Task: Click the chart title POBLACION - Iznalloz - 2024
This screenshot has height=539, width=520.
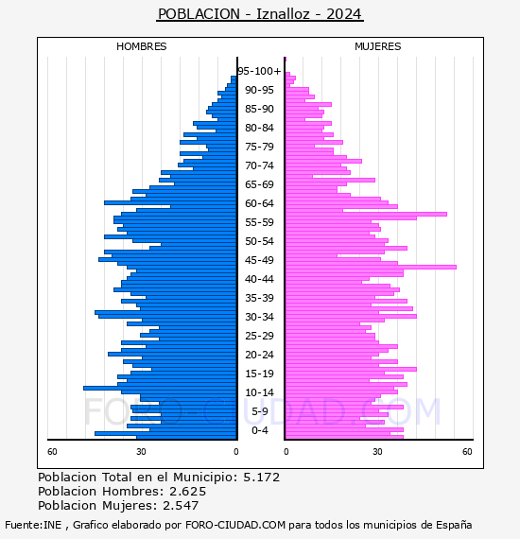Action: point(260,14)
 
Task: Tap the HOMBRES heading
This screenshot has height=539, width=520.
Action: point(141,46)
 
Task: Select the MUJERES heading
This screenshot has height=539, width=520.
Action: point(378,46)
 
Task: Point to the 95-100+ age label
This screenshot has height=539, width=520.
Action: point(259,71)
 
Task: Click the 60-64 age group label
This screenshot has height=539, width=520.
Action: point(259,203)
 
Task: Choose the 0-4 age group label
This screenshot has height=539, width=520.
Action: point(259,430)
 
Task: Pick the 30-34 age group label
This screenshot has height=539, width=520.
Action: point(259,317)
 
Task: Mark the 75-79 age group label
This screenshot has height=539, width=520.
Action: point(259,147)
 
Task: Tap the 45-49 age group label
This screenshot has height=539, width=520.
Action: point(259,260)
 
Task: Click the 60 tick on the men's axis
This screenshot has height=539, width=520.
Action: point(52,451)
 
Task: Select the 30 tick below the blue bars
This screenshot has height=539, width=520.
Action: point(141,451)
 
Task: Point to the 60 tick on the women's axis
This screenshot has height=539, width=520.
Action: point(467,451)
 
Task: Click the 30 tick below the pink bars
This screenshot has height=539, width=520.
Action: point(377,451)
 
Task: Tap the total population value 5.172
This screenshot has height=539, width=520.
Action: point(262,478)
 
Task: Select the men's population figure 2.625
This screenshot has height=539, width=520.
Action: point(187,491)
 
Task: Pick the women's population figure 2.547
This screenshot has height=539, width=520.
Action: point(181,505)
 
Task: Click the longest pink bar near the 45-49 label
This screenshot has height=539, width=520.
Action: point(372,267)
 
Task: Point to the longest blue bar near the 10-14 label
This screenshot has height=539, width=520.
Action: point(160,388)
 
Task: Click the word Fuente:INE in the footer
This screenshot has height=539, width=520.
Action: point(33,525)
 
